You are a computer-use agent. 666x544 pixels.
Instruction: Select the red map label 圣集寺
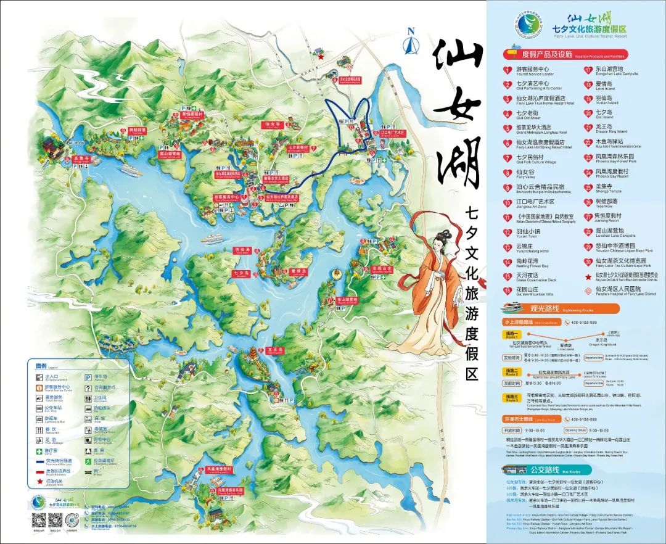[x=82, y=159]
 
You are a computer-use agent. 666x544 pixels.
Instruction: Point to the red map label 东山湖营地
[x=347, y=300]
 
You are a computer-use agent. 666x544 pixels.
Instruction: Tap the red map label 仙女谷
[x=273, y=124]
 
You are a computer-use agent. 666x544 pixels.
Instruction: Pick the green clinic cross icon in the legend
[x=39, y=450]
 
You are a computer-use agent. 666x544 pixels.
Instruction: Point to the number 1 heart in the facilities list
[x=508, y=70]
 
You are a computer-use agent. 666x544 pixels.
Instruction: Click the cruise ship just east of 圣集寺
[x=133, y=168]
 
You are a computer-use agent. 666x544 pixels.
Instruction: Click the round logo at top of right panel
[x=527, y=27]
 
